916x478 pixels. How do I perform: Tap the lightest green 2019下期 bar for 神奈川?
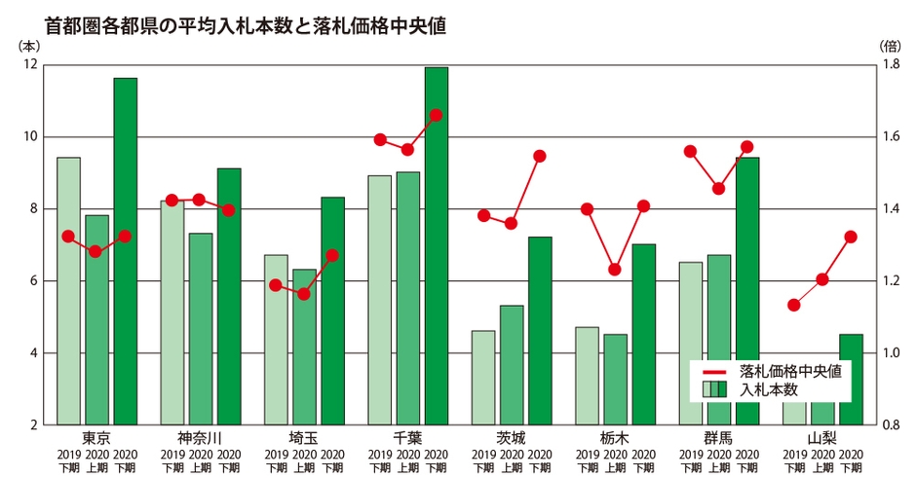(x=172, y=313)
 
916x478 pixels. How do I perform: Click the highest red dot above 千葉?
(x=436, y=115)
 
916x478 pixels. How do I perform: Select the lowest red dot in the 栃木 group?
(x=615, y=269)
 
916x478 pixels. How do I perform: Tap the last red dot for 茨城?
(x=540, y=156)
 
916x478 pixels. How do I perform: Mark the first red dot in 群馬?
(x=690, y=151)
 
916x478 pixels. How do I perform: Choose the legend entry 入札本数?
(x=769, y=389)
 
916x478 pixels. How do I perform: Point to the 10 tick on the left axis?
(x=28, y=136)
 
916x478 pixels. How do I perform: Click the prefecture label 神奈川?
(x=200, y=437)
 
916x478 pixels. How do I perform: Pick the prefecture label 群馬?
(x=718, y=437)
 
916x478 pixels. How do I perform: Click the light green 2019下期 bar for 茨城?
(x=483, y=378)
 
